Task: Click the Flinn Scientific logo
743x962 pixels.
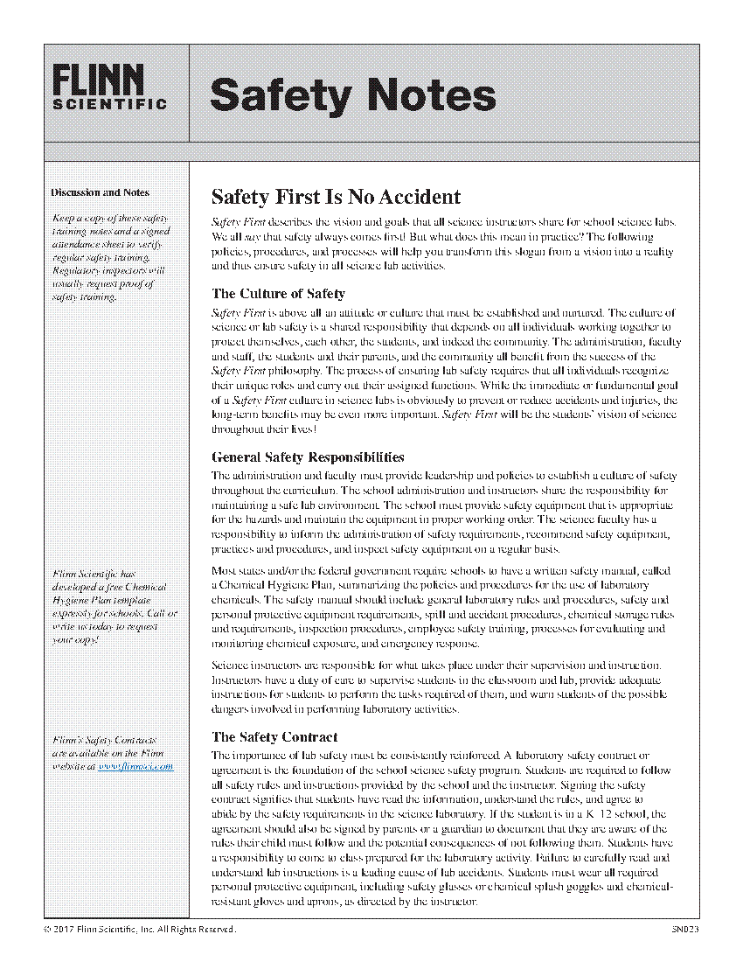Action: click(x=110, y=87)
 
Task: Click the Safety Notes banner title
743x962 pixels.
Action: click(x=352, y=94)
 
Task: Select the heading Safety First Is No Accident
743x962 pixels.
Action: click(x=336, y=196)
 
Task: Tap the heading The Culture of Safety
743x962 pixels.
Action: click(x=278, y=294)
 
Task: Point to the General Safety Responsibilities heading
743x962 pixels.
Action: click(x=308, y=457)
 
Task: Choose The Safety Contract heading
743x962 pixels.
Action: click(x=274, y=736)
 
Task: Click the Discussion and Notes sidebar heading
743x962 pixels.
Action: click(x=100, y=192)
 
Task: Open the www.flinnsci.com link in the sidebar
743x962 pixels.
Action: click(x=135, y=766)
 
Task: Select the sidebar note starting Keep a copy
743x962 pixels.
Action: click(x=110, y=257)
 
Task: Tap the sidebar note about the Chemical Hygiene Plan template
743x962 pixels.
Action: click(x=114, y=607)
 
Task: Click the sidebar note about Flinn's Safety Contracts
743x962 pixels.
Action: click(x=112, y=753)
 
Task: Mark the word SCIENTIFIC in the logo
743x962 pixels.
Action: click(x=110, y=103)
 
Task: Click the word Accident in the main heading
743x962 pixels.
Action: click(x=416, y=196)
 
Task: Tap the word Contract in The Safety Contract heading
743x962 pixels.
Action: click(x=307, y=736)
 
